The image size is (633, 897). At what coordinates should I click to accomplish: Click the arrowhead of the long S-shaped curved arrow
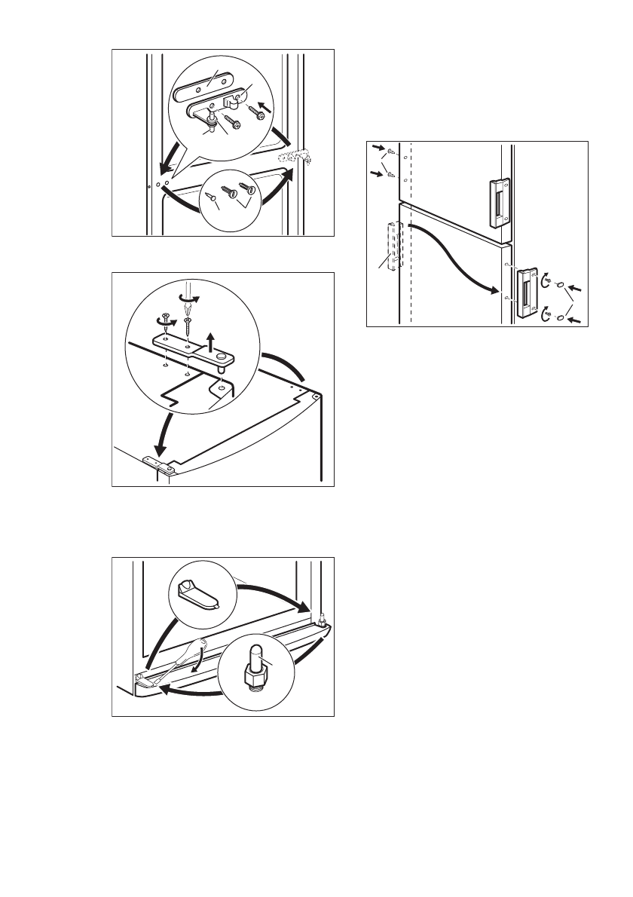coord(496,290)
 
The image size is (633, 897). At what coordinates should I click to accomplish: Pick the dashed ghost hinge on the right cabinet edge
coord(295,161)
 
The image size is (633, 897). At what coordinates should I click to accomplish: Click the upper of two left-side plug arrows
coord(379,150)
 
